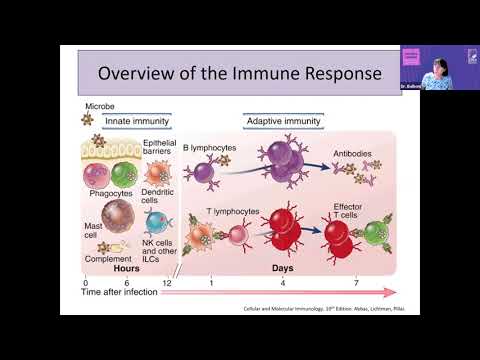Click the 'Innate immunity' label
click(134, 121)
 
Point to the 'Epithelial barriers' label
click(160, 148)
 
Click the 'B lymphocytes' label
click(210, 149)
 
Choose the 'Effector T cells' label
click(355, 216)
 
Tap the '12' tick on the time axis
click(165, 283)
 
